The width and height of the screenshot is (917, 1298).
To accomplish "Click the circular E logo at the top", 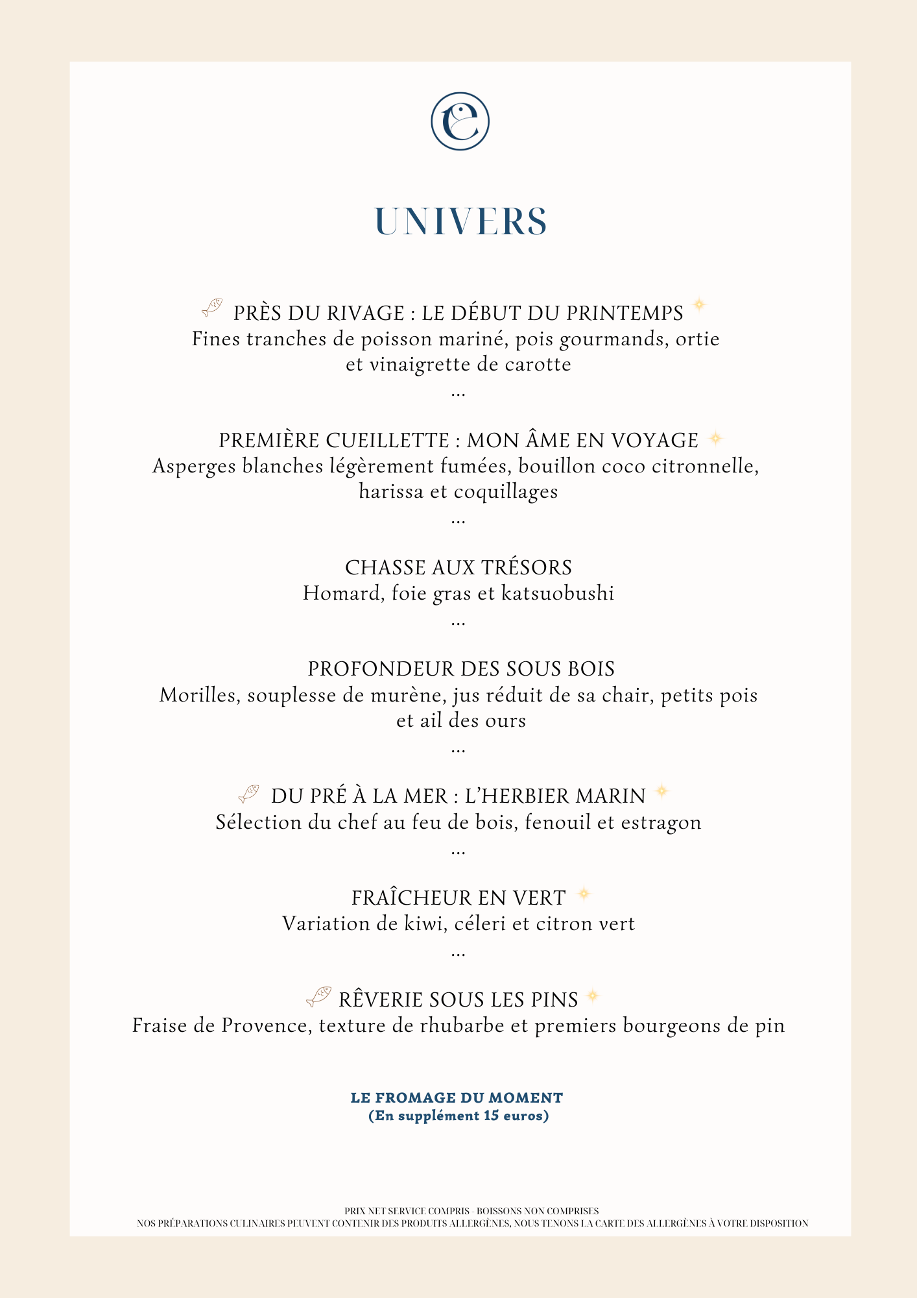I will pos(460,121).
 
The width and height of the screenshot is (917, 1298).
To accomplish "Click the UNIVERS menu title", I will pos(460,222).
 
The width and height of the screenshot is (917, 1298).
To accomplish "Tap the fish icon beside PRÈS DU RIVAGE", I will pos(212,308).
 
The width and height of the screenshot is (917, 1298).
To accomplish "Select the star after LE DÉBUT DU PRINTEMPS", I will pos(698,304).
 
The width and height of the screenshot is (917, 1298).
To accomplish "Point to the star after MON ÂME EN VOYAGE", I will pos(715,439).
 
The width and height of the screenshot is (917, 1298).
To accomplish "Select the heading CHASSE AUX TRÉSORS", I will pos(458,568).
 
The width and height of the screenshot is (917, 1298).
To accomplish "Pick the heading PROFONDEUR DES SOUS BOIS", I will pos(461,669).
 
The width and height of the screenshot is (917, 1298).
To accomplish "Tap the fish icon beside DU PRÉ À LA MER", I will pos(249,793).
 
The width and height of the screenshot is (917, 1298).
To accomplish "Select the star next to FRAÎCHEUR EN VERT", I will pos(584,894).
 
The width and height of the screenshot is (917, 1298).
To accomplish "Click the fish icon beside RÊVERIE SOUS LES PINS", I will pos(318,996).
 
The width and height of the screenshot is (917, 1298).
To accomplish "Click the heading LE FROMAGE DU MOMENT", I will pos(457,1097).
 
